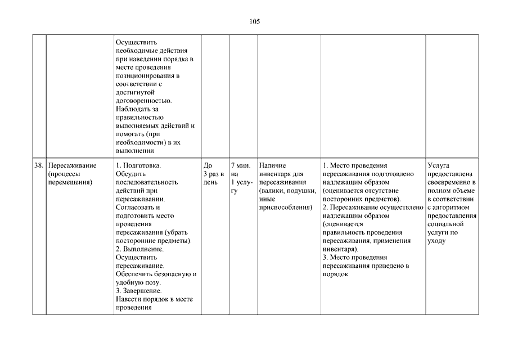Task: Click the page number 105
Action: [254, 22]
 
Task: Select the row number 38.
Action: [39, 166]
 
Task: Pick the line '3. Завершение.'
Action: [139, 291]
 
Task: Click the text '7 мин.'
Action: [241, 166]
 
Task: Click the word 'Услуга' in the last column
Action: [439, 166]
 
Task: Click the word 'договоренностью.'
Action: [143, 100]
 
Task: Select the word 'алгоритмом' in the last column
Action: [451, 208]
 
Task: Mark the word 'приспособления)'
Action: [286, 208]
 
